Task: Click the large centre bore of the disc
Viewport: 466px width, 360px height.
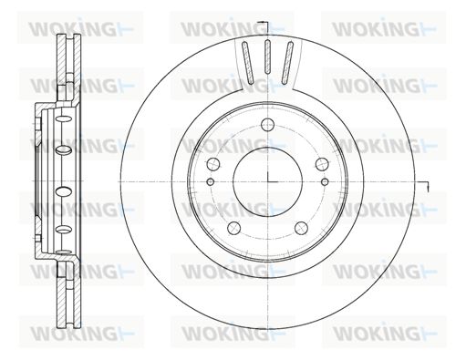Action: click(268, 181)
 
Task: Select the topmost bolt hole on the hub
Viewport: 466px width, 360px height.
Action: click(268, 125)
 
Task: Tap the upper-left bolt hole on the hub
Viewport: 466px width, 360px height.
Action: click(213, 164)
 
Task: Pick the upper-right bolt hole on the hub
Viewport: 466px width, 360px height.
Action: click(322, 164)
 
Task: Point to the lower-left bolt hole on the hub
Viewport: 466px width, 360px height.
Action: click(234, 228)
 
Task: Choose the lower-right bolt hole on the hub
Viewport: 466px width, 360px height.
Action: click(302, 228)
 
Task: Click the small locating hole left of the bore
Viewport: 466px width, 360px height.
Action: click(211, 182)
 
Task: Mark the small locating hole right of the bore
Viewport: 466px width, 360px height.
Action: click(325, 182)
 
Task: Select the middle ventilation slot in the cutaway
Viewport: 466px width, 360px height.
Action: click(267, 57)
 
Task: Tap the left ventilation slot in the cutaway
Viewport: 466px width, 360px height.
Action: click(247, 63)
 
